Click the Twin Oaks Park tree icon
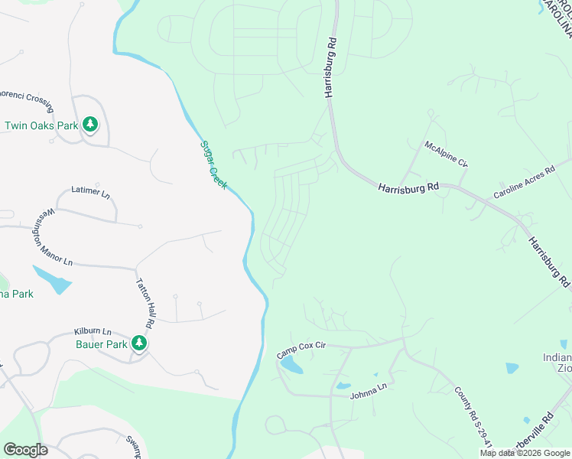point(90,124)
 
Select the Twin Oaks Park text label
point(41,125)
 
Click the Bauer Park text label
point(99,344)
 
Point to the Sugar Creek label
point(213,164)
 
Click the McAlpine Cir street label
point(446,154)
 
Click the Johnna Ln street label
point(369,395)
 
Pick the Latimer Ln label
point(90,191)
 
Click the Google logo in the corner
point(25,450)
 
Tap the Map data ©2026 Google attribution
point(525,453)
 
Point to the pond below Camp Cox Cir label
point(291,366)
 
